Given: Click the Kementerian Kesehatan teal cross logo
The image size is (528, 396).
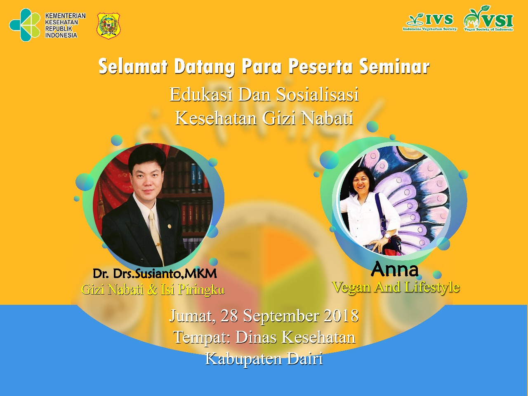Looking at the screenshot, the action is (x=25, y=25).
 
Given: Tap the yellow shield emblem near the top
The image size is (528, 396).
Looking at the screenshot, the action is (x=108, y=26).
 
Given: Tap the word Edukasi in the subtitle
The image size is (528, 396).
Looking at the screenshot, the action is (x=201, y=95).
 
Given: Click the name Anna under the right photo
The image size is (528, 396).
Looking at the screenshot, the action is (x=394, y=269).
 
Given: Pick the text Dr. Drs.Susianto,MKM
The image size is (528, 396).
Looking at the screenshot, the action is (x=155, y=273).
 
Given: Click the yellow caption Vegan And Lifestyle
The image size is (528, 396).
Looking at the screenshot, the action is (x=396, y=287).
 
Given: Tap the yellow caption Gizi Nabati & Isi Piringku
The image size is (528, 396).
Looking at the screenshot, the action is (x=153, y=290).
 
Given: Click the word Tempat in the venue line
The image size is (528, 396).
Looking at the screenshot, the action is (x=201, y=337).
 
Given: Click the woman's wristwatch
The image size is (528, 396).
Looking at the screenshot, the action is (x=388, y=236).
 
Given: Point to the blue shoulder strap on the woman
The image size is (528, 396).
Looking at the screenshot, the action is (x=381, y=212).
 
